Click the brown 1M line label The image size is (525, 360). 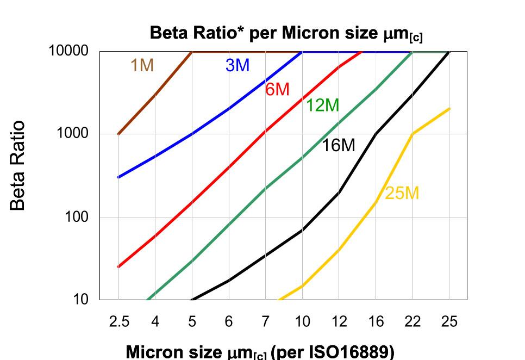pyautogui.click(x=142, y=65)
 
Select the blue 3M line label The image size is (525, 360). pyautogui.click(x=237, y=65)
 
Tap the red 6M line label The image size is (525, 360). pyautogui.click(x=277, y=89)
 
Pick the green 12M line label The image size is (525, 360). pyautogui.click(x=322, y=105)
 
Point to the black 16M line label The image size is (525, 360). pyautogui.click(x=339, y=145)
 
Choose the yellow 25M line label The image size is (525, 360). pyautogui.click(x=402, y=193)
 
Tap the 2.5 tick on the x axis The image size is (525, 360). pyautogui.click(x=119, y=322)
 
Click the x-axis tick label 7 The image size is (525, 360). pyautogui.click(x=265, y=322)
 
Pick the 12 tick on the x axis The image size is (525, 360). pyautogui.click(x=339, y=322)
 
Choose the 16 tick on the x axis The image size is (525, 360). pyautogui.click(x=376, y=322)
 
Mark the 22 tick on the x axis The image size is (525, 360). pyautogui.click(x=412, y=322)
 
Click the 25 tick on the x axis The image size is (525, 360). pyautogui.click(x=449, y=322)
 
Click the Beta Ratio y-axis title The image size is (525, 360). pyautogui.click(x=18, y=165)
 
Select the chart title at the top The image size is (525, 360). pyautogui.click(x=286, y=34)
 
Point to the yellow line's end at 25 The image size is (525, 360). pyautogui.click(x=449, y=109)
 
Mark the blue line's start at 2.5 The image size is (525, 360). pyautogui.click(x=118, y=177)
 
